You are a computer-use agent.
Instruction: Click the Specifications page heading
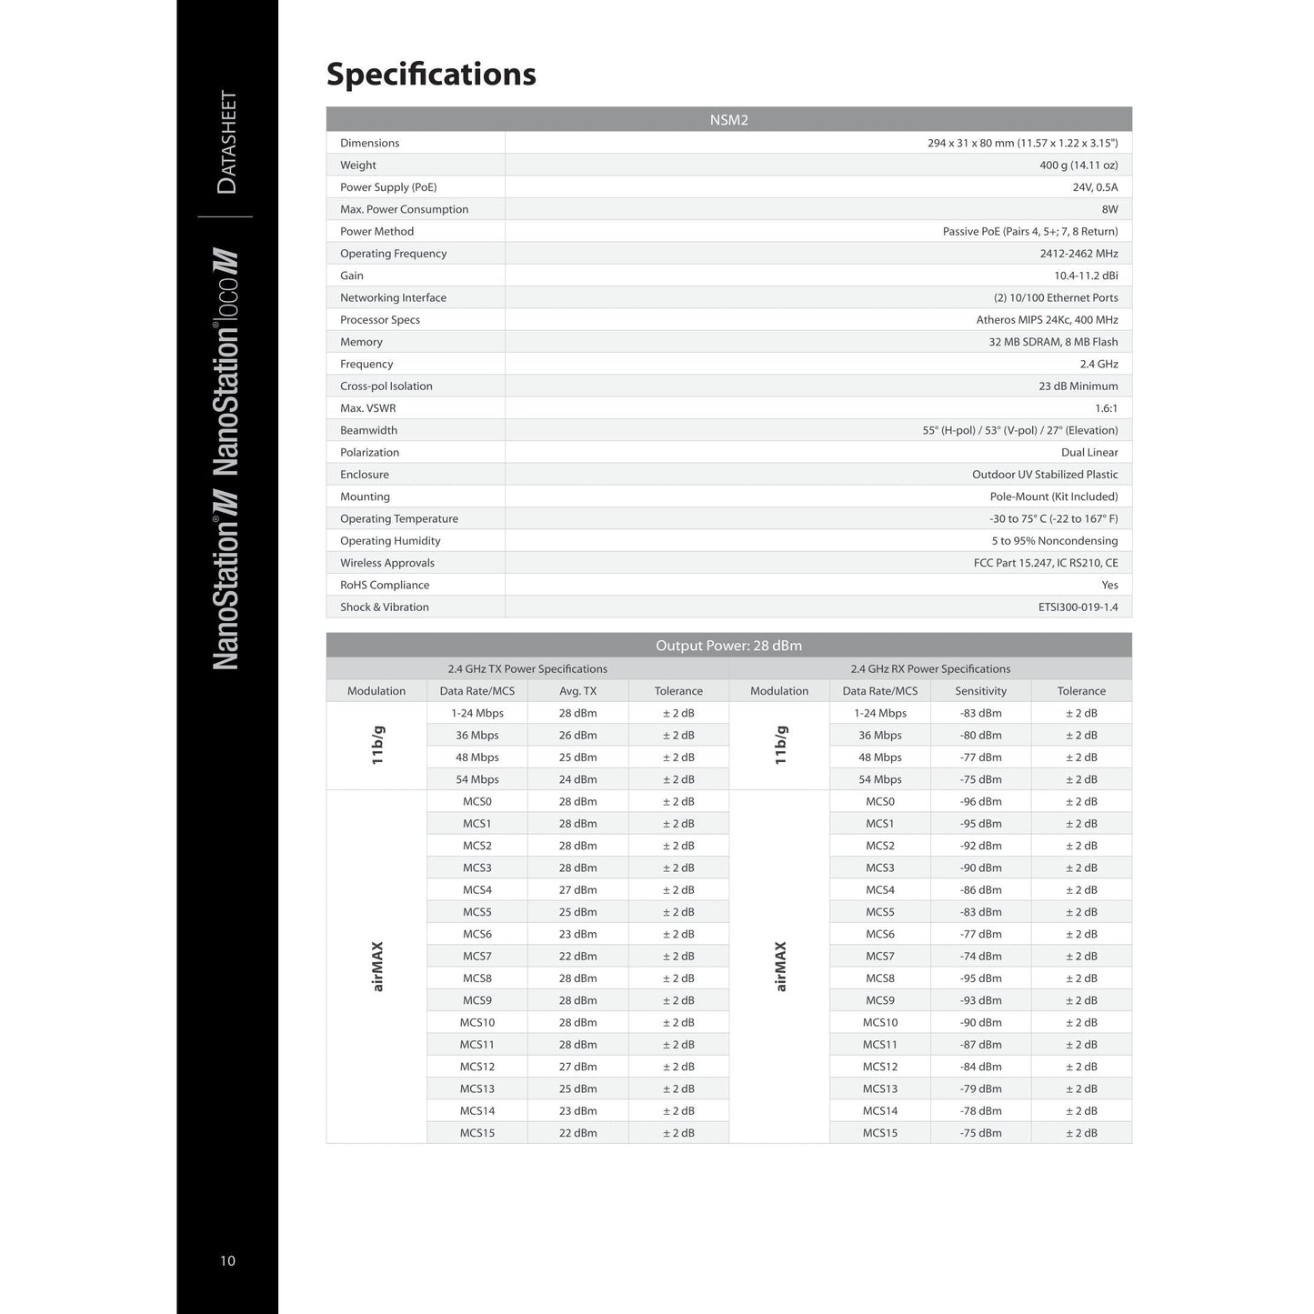click(x=431, y=75)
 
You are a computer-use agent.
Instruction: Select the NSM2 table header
click(x=728, y=120)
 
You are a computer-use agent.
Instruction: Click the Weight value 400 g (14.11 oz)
click(x=1078, y=166)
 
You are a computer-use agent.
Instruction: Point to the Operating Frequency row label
click(x=393, y=254)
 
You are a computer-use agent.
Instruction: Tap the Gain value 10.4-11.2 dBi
click(x=1086, y=276)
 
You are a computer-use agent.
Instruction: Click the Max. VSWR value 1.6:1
click(x=1106, y=408)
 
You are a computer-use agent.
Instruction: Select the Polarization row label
click(x=369, y=453)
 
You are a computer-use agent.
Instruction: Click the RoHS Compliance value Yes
click(x=1109, y=586)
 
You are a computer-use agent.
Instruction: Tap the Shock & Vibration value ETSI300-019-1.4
click(x=1078, y=607)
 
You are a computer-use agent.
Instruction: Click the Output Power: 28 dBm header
click(x=728, y=646)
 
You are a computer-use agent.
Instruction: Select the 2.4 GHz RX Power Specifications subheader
click(x=930, y=669)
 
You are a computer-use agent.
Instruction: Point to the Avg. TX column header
click(x=577, y=691)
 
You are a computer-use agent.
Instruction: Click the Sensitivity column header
click(x=980, y=691)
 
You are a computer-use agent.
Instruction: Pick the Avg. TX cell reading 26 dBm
click(x=577, y=736)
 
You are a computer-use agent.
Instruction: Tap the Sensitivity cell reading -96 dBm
click(x=980, y=802)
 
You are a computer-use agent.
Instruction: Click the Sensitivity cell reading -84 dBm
click(x=980, y=1068)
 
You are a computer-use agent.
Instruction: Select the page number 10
click(x=227, y=1260)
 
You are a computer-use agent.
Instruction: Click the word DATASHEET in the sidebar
click(x=227, y=142)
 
